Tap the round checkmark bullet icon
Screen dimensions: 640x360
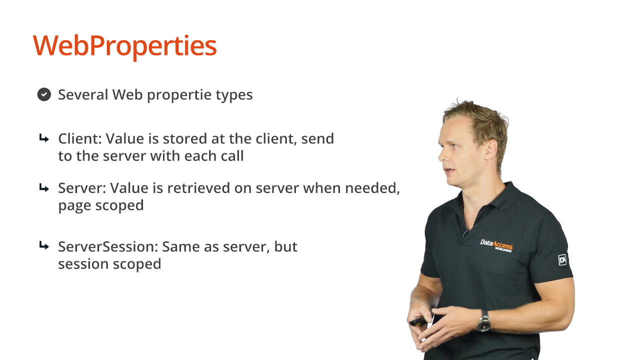pyautogui.click(x=44, y=94)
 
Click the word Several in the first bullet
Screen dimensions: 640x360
pyautogui.click(x=83, y=94)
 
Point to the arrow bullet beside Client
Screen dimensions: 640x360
pyautogui.click(x=44, y=138)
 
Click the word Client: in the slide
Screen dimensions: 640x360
pyautogui.click(x=80, y=139)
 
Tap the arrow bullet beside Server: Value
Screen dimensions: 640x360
pyautogui.click(x=44, y=188)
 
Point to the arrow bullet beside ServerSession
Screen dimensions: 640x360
pyautogui.click(x=44, y=245)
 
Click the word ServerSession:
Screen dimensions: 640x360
pyautogui.click(x=108, y=246)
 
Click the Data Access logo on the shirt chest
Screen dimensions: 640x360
pyautogui.click(x=496, y=245)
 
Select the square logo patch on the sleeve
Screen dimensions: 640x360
pyautogui.click(x=562, y=259)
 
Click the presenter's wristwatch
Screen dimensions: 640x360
pyautogui.click(x=483, y=321)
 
